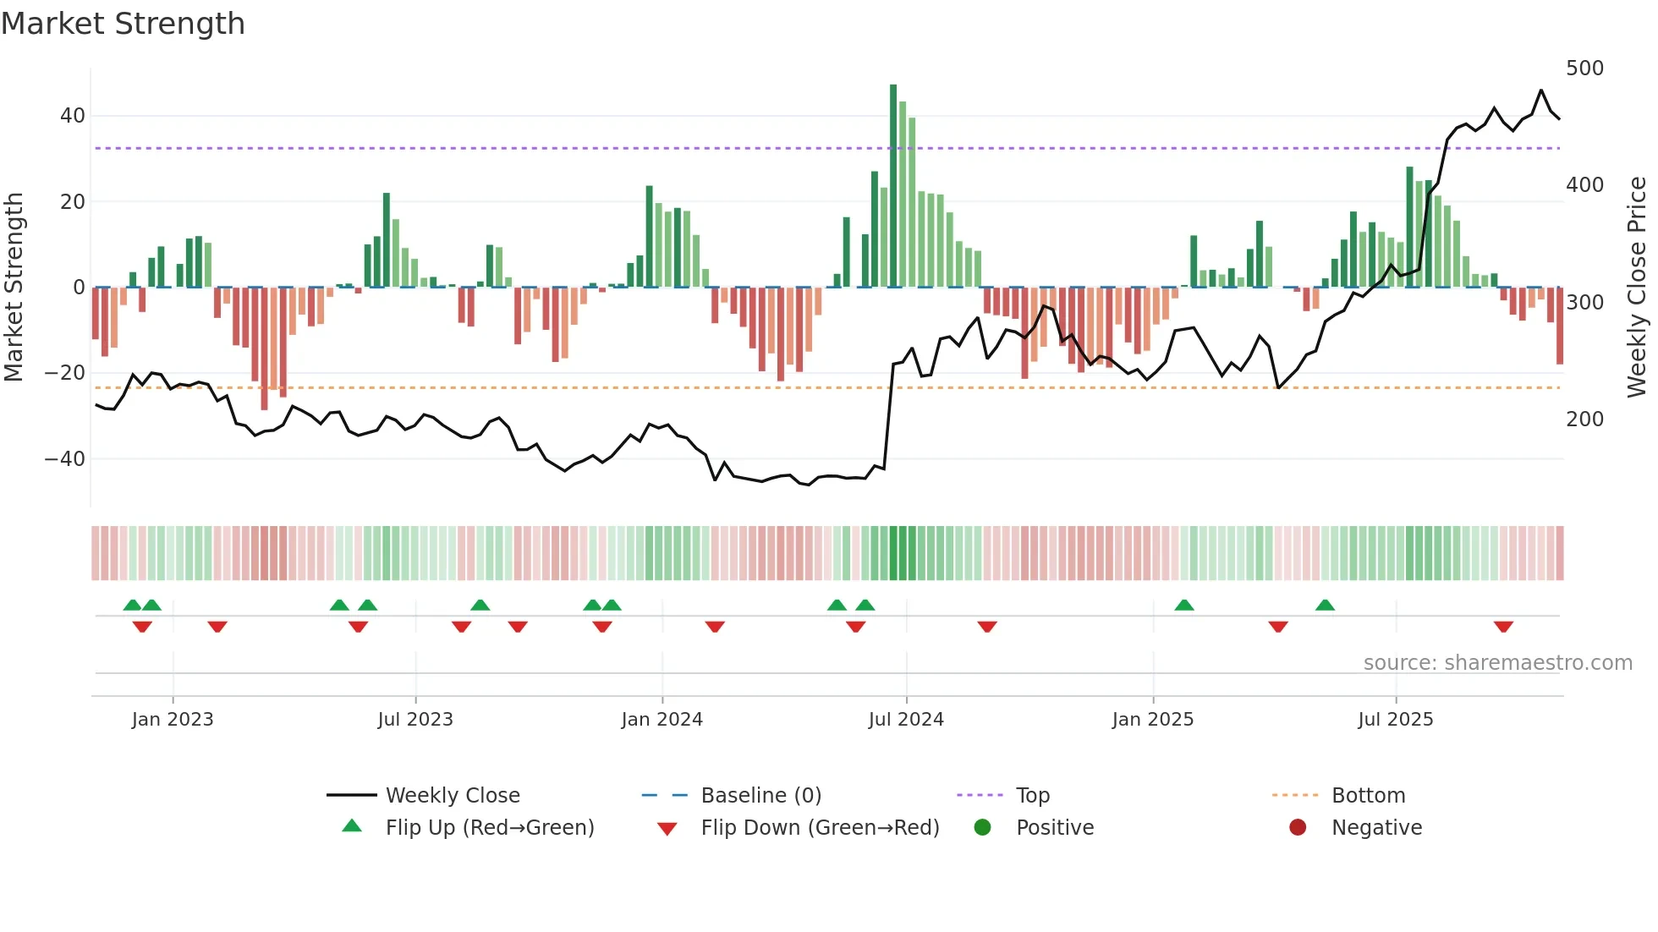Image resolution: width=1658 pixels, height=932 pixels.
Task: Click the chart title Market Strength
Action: point(123,24)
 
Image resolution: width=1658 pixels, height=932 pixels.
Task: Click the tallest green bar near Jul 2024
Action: point(893,186)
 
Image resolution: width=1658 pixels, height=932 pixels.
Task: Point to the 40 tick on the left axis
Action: point(73,116)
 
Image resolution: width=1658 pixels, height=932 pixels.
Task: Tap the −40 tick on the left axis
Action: point(65,459)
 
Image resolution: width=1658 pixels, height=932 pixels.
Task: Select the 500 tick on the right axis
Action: point(1584,69)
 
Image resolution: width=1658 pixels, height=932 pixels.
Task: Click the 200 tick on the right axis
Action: point(1584,419)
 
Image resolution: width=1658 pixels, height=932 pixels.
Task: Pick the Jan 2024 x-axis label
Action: point(662,720)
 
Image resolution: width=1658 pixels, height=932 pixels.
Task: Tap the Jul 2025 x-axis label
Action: point(1396,720)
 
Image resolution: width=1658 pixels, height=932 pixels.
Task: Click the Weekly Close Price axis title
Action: point(1638,288)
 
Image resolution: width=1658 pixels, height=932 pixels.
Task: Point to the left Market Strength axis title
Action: point(14,288)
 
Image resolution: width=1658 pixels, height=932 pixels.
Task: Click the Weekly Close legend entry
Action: point(452,796)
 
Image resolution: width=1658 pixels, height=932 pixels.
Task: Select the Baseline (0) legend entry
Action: point(760,796)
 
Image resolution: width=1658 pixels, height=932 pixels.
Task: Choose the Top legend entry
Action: point(1032,796)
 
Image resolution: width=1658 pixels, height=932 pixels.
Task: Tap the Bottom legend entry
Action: point(1368,796)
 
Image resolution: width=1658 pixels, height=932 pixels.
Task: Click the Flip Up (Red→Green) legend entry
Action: point(489,828)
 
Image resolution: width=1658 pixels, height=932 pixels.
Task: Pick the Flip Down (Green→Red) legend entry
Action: point(819,828)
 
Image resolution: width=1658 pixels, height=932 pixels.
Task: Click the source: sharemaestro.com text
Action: point(1497,663)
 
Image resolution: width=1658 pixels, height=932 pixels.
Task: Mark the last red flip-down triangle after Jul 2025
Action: point(1503,627)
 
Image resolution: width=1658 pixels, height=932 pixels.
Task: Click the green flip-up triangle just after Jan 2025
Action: point(1184,606)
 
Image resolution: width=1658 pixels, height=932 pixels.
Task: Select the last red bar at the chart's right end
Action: point(1560,326)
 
